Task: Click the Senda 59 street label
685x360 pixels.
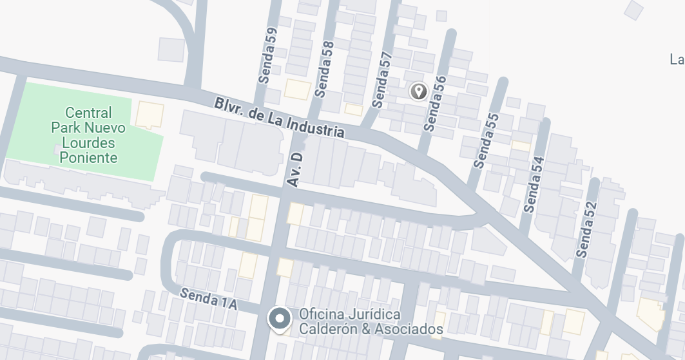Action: pyautogui.click(x=267, y=56)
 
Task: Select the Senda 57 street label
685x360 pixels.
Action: pyautogui.click(x=382, y=79)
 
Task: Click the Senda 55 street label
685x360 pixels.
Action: pyautogui.click(x=486, y=140)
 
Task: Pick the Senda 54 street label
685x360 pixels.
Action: pyautogui.click(x=534, y=185)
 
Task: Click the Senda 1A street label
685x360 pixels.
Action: pyautogui.click(x=209, y=299)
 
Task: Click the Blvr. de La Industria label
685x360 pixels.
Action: pyautogui.click(x=280, y=117)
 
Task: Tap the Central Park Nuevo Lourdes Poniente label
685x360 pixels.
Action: pyautogui.click(x=89, y=135)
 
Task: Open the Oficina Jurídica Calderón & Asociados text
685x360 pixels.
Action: pyautogui.click(x=371, y=322)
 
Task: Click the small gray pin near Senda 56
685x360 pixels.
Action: pyautogui.click(x=419, y=91)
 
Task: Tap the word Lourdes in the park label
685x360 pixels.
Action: pyautogui.click(x=88, y=142)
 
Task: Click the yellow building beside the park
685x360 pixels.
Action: pyautogui.click(x=149, y=114)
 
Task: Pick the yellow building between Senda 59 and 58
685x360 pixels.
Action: pyautogui.click(x=298, y=89)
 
